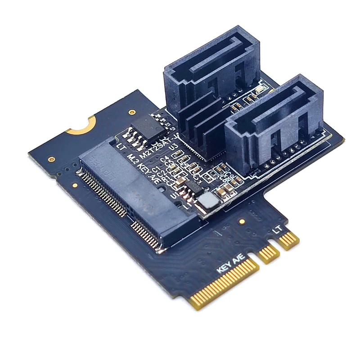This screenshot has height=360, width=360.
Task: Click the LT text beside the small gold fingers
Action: [278, 229]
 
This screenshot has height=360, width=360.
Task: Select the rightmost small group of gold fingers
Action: [288, 240]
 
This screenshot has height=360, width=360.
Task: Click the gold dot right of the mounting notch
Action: [131, 112]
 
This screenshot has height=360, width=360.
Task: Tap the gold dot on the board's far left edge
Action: [51, 159]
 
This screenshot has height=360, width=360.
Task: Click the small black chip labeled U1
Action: [194, 185]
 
